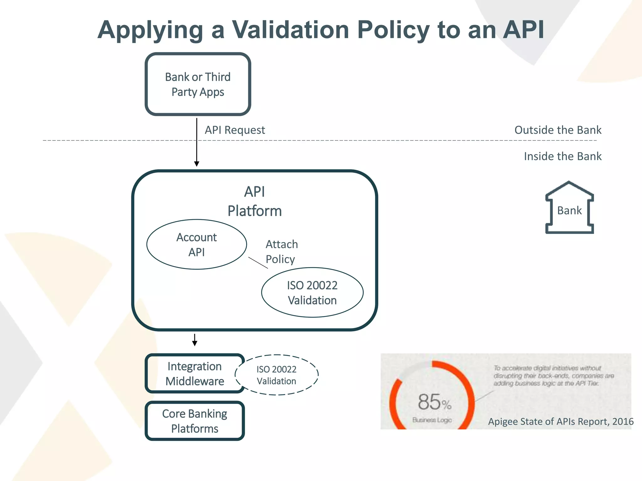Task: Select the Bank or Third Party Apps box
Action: click(198, 84)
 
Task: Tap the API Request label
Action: click(235, 130)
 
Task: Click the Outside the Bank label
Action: click(558, 130)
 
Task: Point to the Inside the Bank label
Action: click(562, 156)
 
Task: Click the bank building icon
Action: click(569, 208)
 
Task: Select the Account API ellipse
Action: click(197, 245)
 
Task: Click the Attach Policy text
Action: click(281, 252)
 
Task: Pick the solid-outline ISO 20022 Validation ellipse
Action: click(312, 292)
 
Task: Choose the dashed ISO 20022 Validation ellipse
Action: click(276, 375)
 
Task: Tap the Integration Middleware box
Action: click(195, 374)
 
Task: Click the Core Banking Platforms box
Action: click(195, 421)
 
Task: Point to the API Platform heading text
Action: click(255, 201)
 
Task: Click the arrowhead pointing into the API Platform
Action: click(197, 164)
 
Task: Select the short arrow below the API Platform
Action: click(195, 340)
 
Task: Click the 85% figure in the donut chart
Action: click(434, 402)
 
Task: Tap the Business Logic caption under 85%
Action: click(432, 420)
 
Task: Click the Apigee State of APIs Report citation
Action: click(560, 422)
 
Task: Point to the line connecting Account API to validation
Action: click(258, 263)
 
